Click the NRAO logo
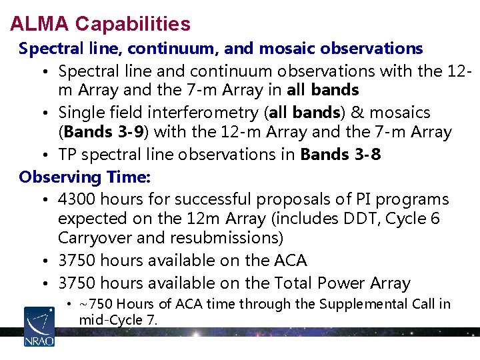pyautogui.click(x=39, y=326)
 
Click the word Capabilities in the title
pyautogui.click(x=133, y=24)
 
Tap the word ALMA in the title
pyautogui.click(x=40, y=24)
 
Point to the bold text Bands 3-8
pyautogui.click(x=341, y=155)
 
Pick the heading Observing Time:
pyautogui.click(x=85, y=177)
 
